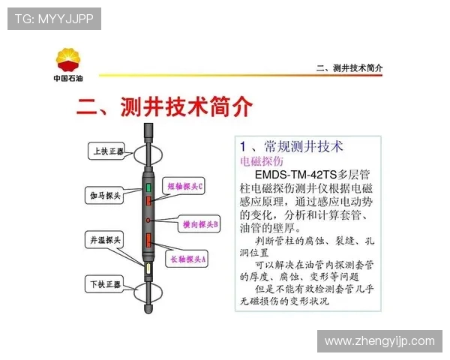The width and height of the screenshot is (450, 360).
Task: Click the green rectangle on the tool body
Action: [x=148, y=187]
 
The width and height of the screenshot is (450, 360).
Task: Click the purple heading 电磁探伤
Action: [x=261, y=161]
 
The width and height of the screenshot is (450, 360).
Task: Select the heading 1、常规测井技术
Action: [x=291, y=145]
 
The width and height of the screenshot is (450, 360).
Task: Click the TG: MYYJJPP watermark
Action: [x=54, y=19]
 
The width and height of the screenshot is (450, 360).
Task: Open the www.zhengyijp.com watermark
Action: [x=379, y=341]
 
